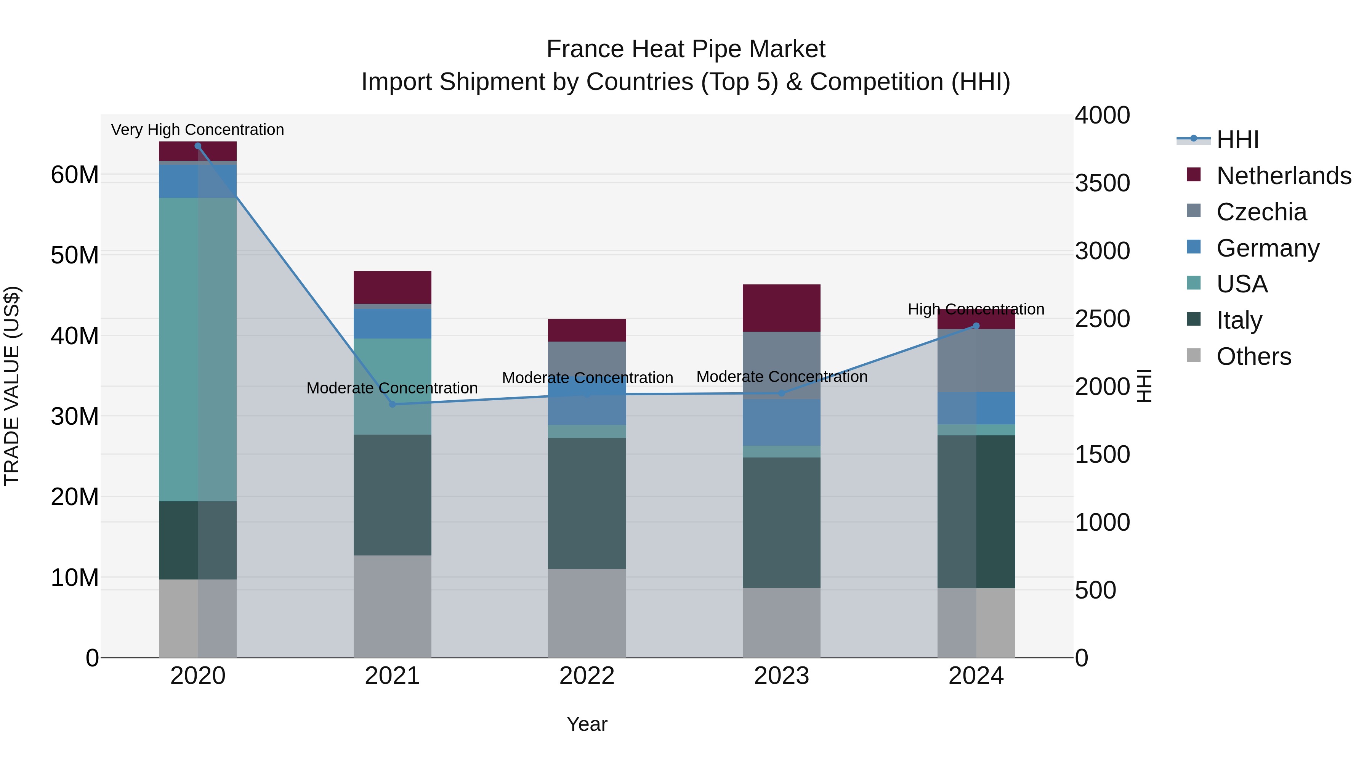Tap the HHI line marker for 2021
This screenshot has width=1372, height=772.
click(x=393, y=404)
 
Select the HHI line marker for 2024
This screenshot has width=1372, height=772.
click(x=976, y=326)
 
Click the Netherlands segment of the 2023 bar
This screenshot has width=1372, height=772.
click(x=781, y=308)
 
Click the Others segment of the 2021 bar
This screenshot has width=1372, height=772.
click(x=393, y=606)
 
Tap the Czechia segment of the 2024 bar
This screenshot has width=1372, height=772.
click(x=976, y=360)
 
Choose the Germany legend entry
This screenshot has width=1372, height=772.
click(x=1268, y=248)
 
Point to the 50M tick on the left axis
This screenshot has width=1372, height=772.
click(x=75, y=255)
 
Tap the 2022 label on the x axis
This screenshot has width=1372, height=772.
click(x=587, y=676)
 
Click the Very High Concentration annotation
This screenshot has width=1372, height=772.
click(x=197, y=130)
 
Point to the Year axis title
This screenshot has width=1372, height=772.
click(x=587, y=724)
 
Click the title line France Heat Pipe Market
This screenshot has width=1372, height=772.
click(x=686, y=49)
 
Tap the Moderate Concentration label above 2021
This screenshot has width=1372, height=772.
click(x=392, y=388)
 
